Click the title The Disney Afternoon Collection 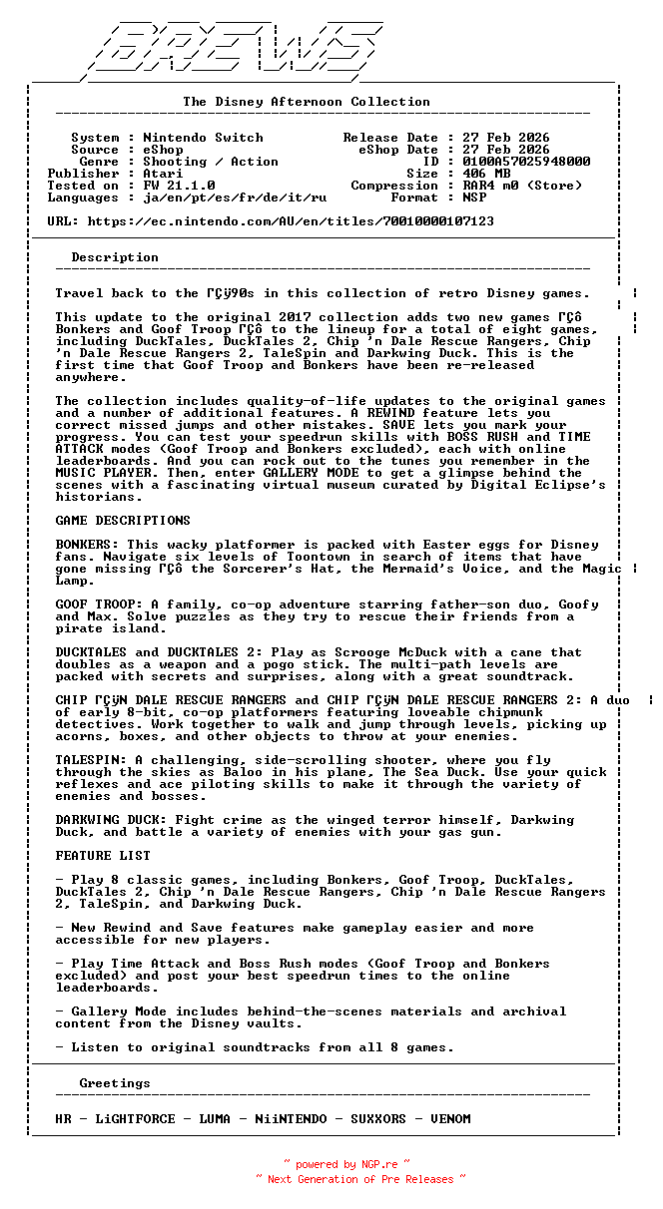307,102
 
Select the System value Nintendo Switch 203,138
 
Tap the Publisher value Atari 163,174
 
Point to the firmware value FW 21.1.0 179,186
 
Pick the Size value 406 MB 486,174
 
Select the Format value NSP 474,198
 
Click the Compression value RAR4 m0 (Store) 522,186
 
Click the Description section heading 115,257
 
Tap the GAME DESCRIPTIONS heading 123,521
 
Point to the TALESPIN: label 91,760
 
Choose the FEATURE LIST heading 103,856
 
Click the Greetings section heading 115,1083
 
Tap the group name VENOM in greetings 450,1119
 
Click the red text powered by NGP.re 346,1164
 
